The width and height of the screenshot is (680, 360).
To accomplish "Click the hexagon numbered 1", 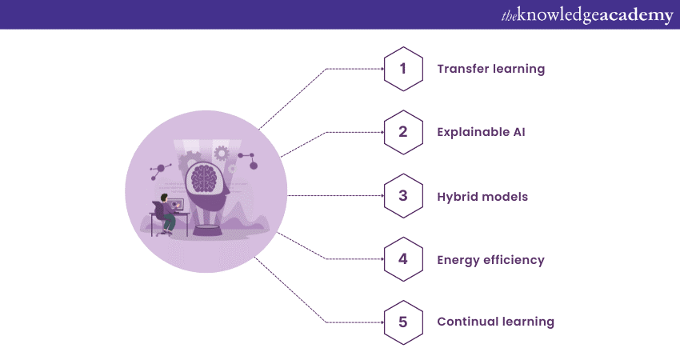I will (403, 69).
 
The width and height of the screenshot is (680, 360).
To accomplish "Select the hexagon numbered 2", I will (403, 132).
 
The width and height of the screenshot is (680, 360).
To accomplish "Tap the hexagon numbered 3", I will (403, 195).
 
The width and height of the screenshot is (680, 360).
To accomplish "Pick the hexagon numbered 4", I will (403, 259).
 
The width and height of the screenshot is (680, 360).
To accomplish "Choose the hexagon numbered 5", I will (403, 322).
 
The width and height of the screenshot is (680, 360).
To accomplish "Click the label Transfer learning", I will (490, 69).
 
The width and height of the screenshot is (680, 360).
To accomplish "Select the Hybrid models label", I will (482, 196).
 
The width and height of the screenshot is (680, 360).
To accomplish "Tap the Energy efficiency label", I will (490, 260).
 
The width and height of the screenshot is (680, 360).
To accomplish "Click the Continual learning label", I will (495, 322).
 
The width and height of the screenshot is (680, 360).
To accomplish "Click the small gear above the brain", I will (222, 152).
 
